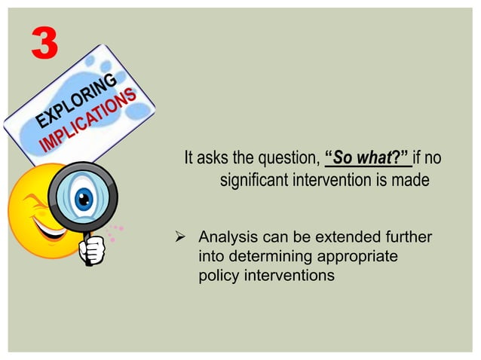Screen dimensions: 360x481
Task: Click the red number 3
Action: (44, 44)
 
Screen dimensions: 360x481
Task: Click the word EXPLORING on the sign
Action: (75, 102)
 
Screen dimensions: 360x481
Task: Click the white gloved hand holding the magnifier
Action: (92, 250)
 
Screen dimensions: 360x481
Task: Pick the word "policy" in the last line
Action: (218, 276)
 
